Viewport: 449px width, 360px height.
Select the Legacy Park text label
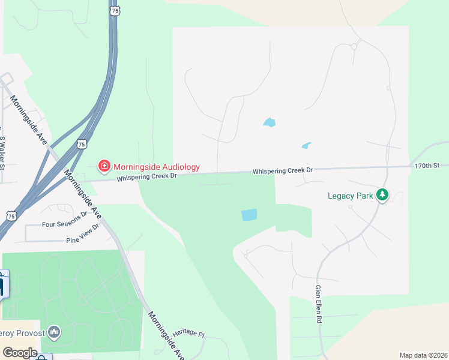tap(350, 195)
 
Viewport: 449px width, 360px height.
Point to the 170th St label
tap(427, 165)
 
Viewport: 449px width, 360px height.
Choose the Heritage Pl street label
tap(188, 333)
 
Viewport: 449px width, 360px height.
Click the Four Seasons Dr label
tap(65, 223)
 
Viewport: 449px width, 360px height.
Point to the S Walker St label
tap(2, 152)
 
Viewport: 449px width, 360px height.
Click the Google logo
tap(20, 352)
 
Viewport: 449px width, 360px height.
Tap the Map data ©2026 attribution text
tap(423, 355)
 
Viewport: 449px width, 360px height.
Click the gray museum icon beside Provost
tap(54, 332)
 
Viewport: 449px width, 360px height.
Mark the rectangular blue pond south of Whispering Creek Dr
tap(249, 214)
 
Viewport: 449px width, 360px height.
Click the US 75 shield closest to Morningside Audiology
tap(82, 144)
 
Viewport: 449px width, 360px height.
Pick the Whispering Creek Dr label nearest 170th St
tap(283, 171)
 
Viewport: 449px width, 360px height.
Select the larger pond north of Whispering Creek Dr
tap(269, 122)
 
